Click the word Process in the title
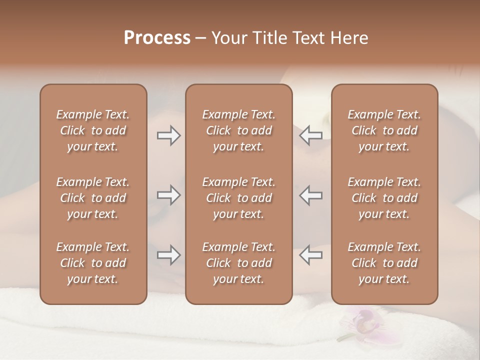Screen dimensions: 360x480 pos(157,37)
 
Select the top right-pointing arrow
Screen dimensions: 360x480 pos(169,135)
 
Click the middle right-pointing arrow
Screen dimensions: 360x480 pos(169,195)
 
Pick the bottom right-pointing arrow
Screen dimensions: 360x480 pos(169,255)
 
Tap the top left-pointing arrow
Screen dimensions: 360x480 pos(310,135)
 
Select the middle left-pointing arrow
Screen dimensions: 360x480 pos(310,195)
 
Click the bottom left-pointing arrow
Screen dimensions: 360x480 pos(310,255)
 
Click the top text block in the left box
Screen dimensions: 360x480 pos(93,130)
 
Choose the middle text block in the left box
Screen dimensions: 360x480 pos(93,198)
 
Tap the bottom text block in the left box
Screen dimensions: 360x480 pos(93,263)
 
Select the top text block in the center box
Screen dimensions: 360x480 pos(239,130)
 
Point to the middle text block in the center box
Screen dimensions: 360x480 pos(239,198)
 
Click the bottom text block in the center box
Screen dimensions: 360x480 pos(239,263)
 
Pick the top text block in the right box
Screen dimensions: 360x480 pos(384,130)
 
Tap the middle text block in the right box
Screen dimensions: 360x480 pos(384,198)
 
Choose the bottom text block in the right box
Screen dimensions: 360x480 pos(384,263)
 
